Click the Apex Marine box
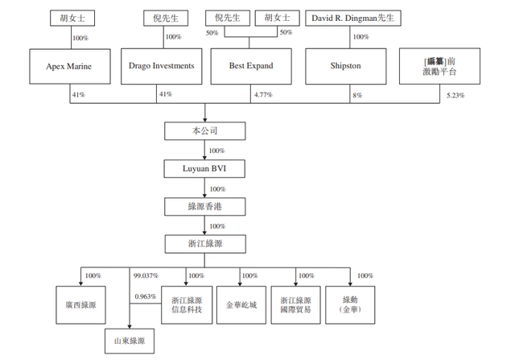pos(69,66)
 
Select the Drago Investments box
pos(161,66)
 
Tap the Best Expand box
pos(252,66)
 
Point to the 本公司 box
pos(204,130)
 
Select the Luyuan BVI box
pos(204,169)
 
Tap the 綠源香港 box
pos(204,207)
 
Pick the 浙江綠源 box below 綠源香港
pos(204,243)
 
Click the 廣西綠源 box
pos(80,305)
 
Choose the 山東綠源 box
pos(130,341)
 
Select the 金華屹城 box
pos(241,305)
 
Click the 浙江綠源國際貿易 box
pos(295,305)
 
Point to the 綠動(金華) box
pos(351,305)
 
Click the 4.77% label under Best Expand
pos(263,95)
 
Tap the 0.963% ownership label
pos(146,296)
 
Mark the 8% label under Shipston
pos(357,95)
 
